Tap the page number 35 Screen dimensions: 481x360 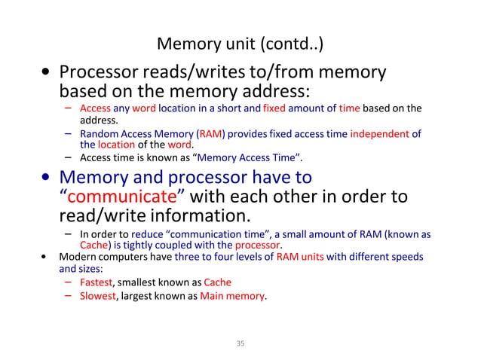[240, 344]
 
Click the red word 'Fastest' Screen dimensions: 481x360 [96, 282]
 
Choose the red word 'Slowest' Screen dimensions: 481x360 [97, 296]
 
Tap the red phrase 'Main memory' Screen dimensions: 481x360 [232, 296]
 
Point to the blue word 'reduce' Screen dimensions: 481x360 [151, 234]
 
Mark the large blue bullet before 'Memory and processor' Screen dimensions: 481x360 [47, 178]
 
